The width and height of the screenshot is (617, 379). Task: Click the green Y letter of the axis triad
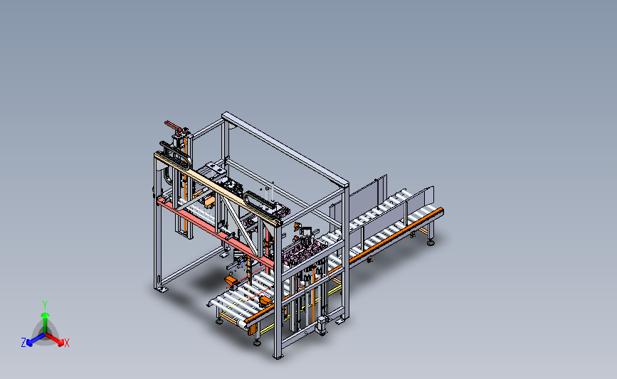(x=45, y=305)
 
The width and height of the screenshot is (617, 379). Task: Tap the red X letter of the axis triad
(x=66, y=343)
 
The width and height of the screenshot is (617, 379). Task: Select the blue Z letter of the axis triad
(x=23, y=343)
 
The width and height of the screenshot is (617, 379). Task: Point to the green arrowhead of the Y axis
(x=45, y=315)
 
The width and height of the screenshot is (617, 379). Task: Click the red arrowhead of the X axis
(x=60, y=343)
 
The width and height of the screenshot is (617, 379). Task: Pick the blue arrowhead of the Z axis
(x=29, y=343)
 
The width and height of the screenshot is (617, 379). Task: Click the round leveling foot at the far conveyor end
(x=431, y=243)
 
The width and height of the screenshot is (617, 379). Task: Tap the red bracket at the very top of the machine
(x=175, y=126)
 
